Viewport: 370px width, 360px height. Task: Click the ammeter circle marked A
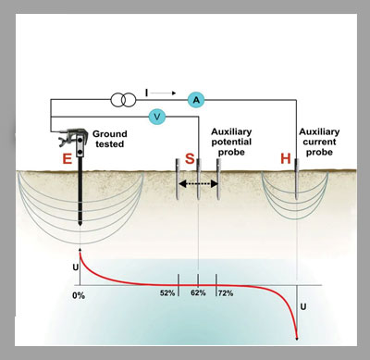(x=196, y=100)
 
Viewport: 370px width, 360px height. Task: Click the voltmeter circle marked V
(x=157, y=117)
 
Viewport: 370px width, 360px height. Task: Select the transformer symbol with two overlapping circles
(x=123, y=100)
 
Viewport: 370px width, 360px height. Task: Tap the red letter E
(x=67, y=159)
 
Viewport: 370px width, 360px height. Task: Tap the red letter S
(x=190, y=158)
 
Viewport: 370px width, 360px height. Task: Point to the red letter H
(x=286, y=158)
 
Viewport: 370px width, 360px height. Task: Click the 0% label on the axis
(x=79, y=295)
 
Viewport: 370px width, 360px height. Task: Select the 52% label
(x=167, y=293)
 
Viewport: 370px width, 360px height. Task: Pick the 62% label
(x=198, y=292)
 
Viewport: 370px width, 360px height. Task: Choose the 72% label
(x=226, y=293)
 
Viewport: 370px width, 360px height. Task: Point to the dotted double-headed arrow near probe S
(x=198, y=184)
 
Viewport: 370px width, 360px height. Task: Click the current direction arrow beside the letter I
(x=163, y=93)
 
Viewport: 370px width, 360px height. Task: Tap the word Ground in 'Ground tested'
(x=110, y=134)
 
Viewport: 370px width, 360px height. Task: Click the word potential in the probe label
(x=231, y=143)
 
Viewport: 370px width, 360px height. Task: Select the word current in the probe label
(x=319, y=142)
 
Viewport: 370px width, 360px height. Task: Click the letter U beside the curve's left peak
(x=76, y=267)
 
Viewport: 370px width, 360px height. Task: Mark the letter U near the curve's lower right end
(x=303, y=307)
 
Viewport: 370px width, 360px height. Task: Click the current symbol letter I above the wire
(x=146, y=93)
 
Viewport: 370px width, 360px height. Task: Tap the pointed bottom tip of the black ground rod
(x=80, y=225)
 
